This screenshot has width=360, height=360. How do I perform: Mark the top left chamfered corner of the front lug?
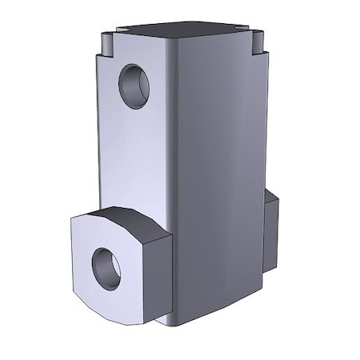(x=77, y=225)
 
